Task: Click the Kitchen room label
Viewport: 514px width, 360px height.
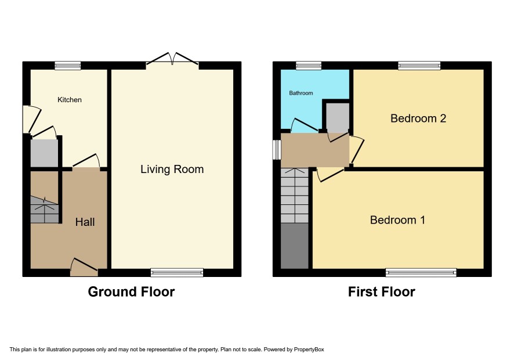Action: click(x=70, y=100)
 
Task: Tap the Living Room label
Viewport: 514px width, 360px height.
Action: click(x=172, y=170)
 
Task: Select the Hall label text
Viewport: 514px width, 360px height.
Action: click(x=85, y=222)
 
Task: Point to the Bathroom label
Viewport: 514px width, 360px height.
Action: click(x=301, y=93)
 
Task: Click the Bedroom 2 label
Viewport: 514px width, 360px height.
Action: click(x=418, y=118)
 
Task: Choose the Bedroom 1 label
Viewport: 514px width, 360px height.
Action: click(x=397, y=220)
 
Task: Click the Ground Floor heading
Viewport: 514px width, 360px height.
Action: click(x=131, y=291)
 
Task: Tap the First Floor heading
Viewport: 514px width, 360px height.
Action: click(x=382, y=291)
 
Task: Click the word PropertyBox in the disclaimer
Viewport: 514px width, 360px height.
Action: click(x=309, y=350)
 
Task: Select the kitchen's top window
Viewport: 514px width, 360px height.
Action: click(x=67, y=66)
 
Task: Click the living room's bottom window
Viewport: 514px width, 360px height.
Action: click(x=177, y=272)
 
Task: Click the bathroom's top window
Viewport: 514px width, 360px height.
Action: click(x=309, y=66)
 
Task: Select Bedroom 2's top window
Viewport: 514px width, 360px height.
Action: click(x=419, y=66)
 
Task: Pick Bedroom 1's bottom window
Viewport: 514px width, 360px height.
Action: click(x=421, y=272)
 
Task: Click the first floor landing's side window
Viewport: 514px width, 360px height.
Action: click(x=277, y=150)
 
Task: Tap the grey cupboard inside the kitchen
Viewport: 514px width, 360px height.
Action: click(x=44, y=153)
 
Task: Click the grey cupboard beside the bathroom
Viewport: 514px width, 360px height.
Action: click(x=337, y=118)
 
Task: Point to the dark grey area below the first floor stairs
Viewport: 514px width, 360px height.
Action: click(x=295, y=246)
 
